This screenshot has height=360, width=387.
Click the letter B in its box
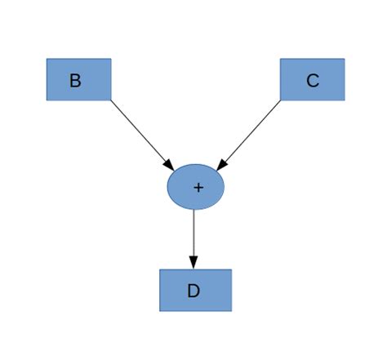[x=75, y=81]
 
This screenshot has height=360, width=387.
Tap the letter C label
[x=312, y=81]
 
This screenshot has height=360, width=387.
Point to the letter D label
[x=193, y=291]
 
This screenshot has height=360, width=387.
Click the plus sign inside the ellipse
[x=198, y=187]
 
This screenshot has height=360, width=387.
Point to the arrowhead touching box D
[x=193, y=262]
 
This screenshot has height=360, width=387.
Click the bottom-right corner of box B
[x=110, y=100]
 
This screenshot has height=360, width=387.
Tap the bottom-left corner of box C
[x=281, y=100]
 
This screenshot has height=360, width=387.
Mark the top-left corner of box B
[x=47, y=59]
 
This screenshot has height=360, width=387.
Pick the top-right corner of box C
[x=345, y=59]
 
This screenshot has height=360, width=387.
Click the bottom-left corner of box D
[x=160, y=310]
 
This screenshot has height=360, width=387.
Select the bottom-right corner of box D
[x=231, y=310]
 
